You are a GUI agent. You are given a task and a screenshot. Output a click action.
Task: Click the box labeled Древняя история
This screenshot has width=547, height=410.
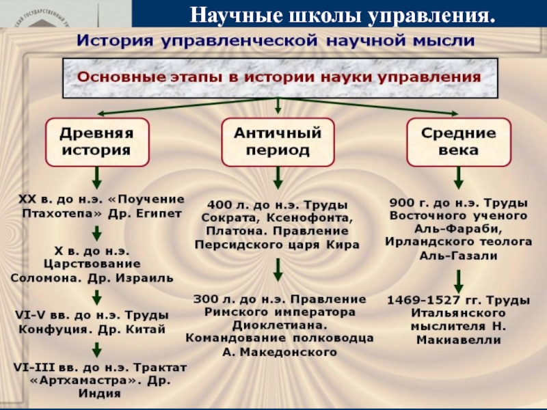(x=97, y=142)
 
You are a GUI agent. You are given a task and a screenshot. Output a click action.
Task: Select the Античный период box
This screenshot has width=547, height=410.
(x=278, y=142)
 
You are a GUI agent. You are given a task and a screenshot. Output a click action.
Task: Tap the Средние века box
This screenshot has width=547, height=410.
(x=459, y=142)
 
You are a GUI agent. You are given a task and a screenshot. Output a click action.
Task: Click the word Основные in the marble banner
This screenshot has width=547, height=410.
(x=113, y=77)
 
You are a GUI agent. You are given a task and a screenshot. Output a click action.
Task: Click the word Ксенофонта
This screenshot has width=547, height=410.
(x=310, y=218)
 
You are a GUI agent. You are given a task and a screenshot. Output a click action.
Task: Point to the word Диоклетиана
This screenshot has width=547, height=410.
(x=280, y=325)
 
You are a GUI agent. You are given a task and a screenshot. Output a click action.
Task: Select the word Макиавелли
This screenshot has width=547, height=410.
(x=459, y=340)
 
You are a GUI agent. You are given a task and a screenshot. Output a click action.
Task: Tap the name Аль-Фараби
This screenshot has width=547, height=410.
(x=458, y=229)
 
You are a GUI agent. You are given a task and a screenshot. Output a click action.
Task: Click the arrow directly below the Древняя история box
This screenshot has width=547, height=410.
(x=97, y=178)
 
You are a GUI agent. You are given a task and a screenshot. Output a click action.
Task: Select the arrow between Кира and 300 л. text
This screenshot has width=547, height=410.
(x=278, y=270)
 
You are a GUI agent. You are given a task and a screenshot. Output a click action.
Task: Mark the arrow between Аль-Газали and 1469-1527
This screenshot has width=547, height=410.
(x=458, y=282)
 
